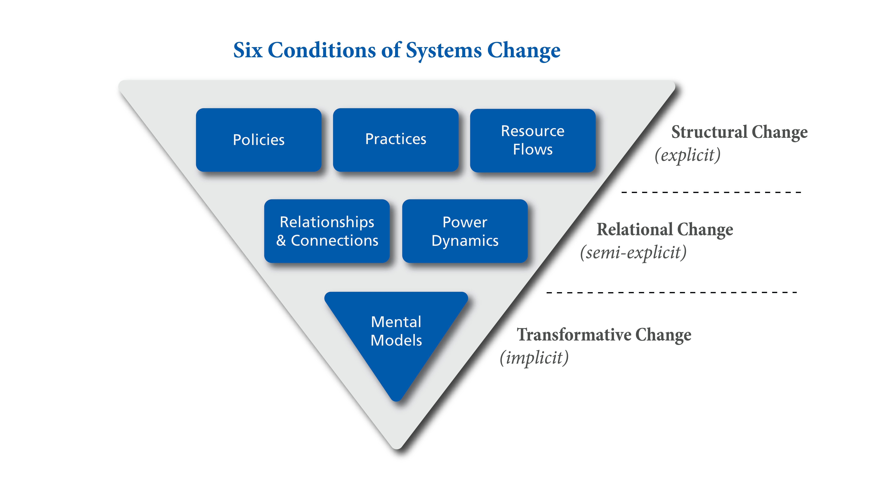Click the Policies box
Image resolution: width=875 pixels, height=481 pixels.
[x=259, y=140]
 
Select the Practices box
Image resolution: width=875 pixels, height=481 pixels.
[x=396, y=139]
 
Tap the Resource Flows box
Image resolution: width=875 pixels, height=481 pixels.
[x=533, y=140]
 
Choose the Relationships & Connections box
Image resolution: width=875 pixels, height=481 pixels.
[x=327, y=231]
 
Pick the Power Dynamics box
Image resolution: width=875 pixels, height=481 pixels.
[x=465, y=231]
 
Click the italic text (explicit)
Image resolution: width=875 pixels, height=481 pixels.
[x=687, y=155]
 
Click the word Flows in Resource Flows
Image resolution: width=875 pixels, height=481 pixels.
[x=533, y=149]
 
